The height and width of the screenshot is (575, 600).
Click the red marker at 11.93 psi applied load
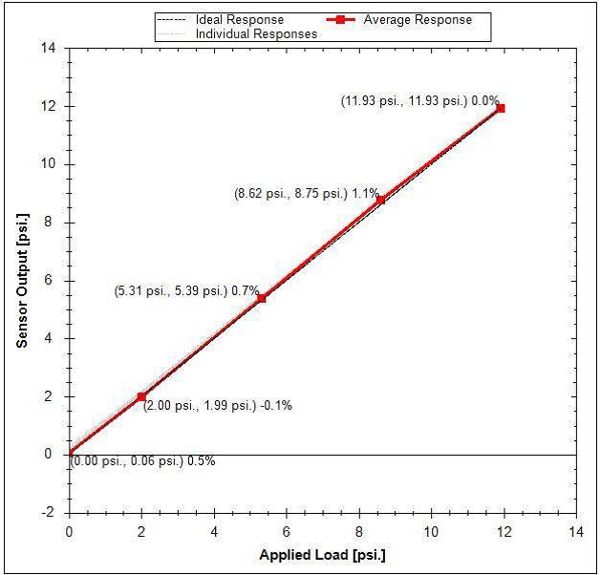[x=500, y=108]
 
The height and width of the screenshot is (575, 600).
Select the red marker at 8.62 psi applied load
[x=380, y=200]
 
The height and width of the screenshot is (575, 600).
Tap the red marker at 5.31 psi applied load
[x=261, y=298]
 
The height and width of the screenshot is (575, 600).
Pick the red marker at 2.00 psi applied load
[x=141, y=396]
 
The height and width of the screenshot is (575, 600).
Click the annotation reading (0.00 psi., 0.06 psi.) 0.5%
[x=142, y=461]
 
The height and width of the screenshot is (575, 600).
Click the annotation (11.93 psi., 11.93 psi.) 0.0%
[x=419, y=99]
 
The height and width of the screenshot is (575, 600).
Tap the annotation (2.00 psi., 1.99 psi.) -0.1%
[x=218, y=405]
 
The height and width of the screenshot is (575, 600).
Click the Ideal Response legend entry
[x=239, y=19]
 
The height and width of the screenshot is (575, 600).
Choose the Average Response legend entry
[x=411, y=19]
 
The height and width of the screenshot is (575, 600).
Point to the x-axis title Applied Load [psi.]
[x=322, y=555]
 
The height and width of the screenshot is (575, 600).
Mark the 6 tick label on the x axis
[x=287, y=530]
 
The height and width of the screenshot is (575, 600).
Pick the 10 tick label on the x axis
[x=432, y=530]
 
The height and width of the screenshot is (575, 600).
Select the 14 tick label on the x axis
[x=576, y=530]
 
